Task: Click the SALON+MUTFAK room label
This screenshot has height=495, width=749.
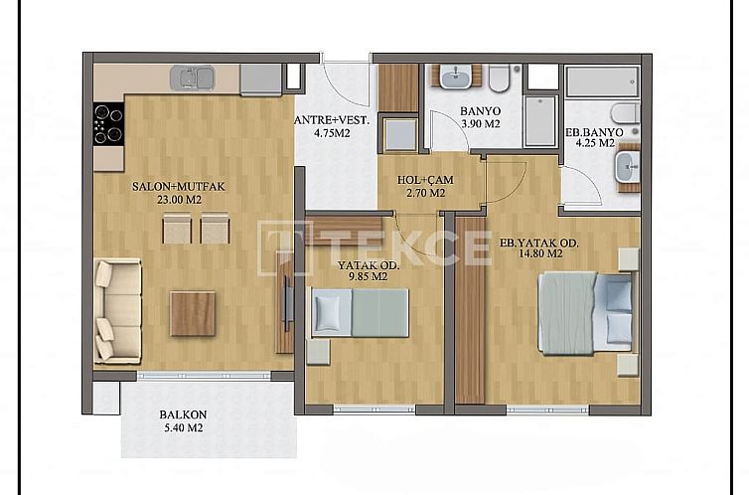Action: coord(168,186)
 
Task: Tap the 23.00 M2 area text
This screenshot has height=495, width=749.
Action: coord(168,199)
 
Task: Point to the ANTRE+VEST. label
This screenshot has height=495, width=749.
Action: coord(332,121)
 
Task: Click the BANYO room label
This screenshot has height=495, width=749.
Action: coord(480,111)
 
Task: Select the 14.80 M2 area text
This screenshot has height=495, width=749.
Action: coord(539,253)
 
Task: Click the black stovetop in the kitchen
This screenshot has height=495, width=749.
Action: coord(108,124)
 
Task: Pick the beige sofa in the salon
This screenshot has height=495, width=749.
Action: coord(117,309)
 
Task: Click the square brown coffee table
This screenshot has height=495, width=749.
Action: coord(193,312)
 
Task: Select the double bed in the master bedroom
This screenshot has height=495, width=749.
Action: coord(585,312)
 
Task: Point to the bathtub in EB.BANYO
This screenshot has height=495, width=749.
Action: coord(603,82)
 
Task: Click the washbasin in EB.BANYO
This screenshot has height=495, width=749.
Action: coord(628,167)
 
